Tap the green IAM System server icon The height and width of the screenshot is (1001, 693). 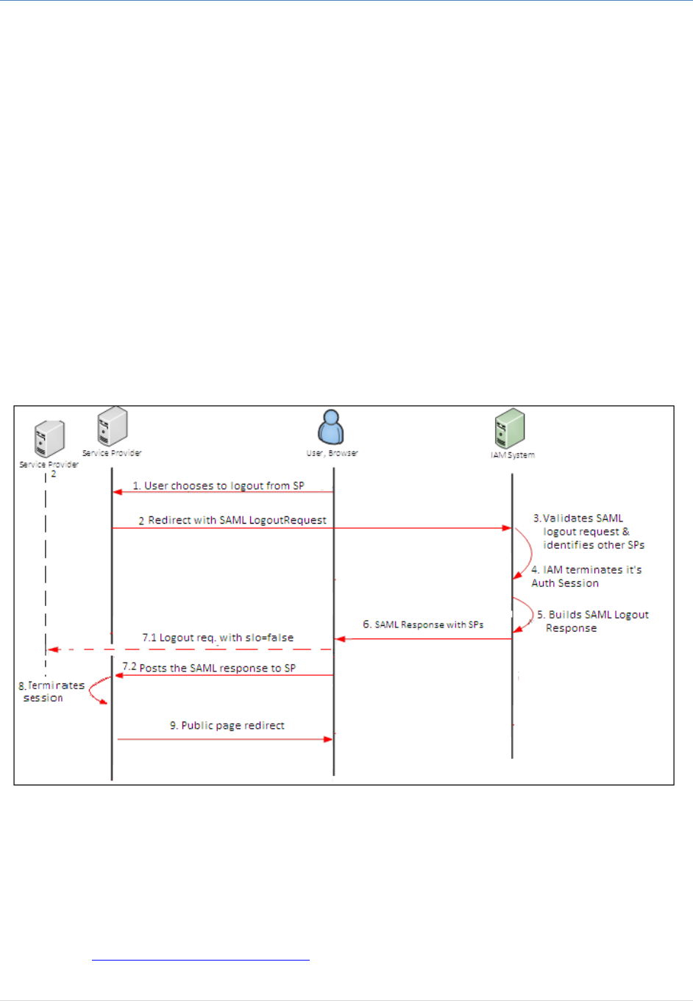pos(510,429)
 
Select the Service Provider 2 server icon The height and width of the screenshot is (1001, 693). pos(50,439)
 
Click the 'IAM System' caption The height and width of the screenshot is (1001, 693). pos(513,455)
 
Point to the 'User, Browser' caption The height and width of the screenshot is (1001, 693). pos(332,453)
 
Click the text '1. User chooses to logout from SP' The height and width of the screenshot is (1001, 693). pos(218,486)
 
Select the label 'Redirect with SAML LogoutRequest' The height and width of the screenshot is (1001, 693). pos(237,520)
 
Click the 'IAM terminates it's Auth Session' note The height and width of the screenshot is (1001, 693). pos(586,577)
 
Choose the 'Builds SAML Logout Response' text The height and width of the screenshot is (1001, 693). pos(592,621)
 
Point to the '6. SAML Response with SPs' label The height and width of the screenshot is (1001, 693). pos(423,624)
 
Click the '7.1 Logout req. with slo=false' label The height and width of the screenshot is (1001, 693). pos(218,638)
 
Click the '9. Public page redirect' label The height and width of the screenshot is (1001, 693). pos(227,725)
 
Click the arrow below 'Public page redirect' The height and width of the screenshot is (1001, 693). pos(224,739)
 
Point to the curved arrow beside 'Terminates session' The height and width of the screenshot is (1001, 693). pos(96,691)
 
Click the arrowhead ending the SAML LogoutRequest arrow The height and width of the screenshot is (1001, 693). pos(507,528)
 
